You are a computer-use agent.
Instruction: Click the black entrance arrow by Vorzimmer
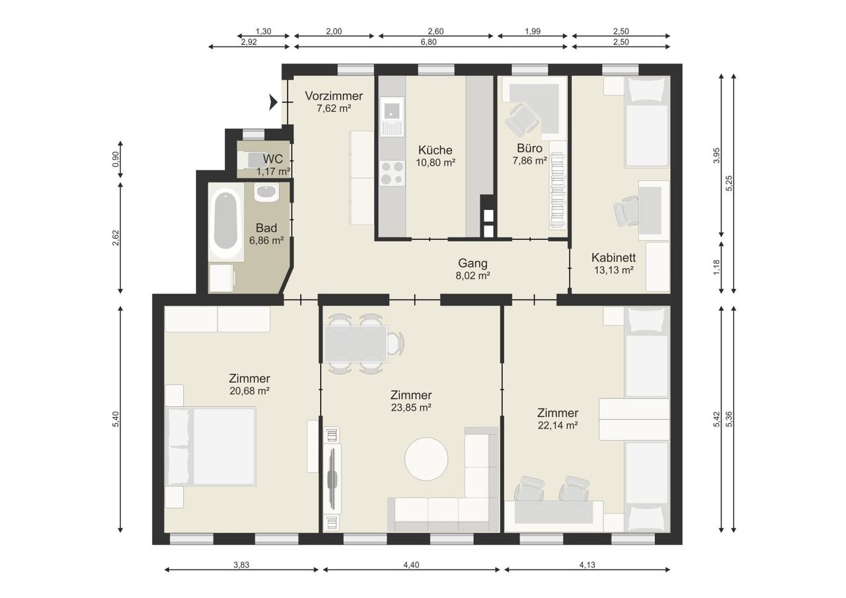click(273, 102)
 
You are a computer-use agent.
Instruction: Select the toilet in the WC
click(250, 160)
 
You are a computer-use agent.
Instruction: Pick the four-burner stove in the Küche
click(392, 173)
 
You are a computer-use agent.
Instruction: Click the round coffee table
click(426, 459)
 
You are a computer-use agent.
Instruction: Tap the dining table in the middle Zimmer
click(356, 344)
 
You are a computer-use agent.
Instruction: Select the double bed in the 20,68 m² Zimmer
click(210, 446)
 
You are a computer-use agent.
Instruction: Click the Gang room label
click(473, 263)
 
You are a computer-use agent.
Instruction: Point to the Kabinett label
click(613, 258)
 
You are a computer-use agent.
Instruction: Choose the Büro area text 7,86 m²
click(529, 161)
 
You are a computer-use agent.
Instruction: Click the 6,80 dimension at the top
click(429, 42)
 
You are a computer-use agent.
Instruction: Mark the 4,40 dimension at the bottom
click(411, 565)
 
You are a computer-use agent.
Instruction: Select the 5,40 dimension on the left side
click(116, 419)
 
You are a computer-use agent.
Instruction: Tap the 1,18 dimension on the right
click(716, 268)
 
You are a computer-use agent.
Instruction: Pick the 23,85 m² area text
click(411, 407)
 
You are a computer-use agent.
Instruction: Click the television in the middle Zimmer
click(332, 478)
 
